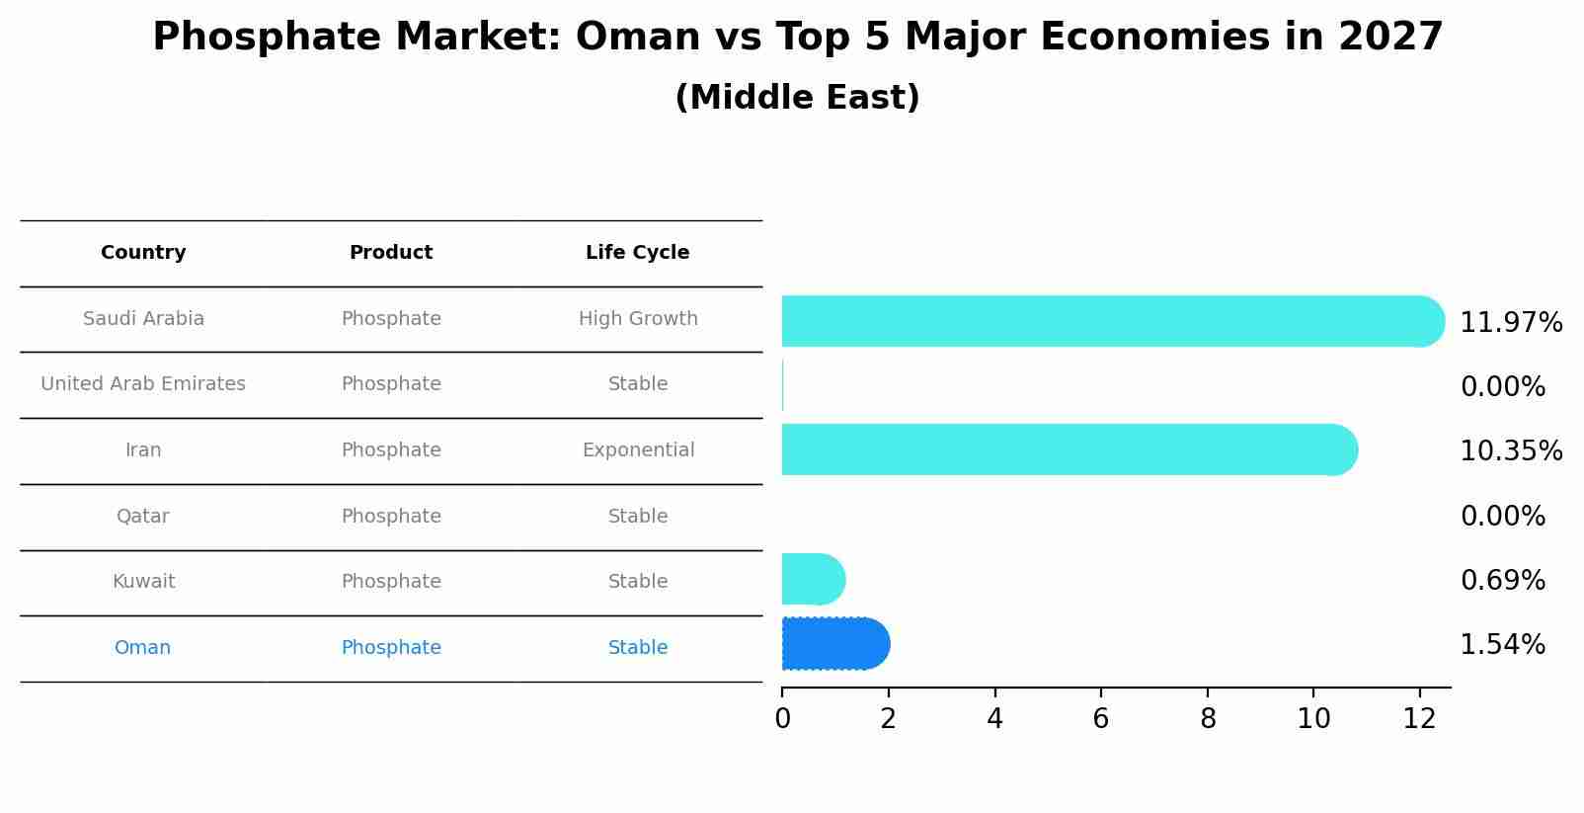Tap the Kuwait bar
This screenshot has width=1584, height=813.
(x=812, y=579)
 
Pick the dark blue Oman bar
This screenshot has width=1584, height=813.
(x=834, y=644)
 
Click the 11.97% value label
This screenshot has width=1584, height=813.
(x=1510, y=323)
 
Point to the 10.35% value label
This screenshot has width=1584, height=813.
(x=1510, y=451)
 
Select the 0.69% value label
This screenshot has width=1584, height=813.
(x=1502, y=581)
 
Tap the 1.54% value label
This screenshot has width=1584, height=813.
(x=1502, y=645)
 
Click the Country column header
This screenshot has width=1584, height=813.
(x=143, y=253)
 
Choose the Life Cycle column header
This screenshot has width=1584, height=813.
(x=637, y=253)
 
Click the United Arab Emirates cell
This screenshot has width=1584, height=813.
(x=143, y=384)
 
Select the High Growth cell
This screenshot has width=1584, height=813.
(x=638, y=319)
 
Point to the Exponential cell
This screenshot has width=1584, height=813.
(x=638, y=450)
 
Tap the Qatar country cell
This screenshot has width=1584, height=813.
(x=143, y=517)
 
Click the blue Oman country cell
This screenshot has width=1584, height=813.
(x=143, y=648)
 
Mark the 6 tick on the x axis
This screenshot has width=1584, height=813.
(x=1100, y=719)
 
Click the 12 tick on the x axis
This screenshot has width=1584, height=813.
(x=1419, y=719)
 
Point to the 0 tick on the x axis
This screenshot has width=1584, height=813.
(x=782, y=719)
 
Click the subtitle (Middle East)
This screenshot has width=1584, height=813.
(x=797, y=98)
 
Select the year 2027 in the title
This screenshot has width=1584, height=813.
(x=1390, y=38)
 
